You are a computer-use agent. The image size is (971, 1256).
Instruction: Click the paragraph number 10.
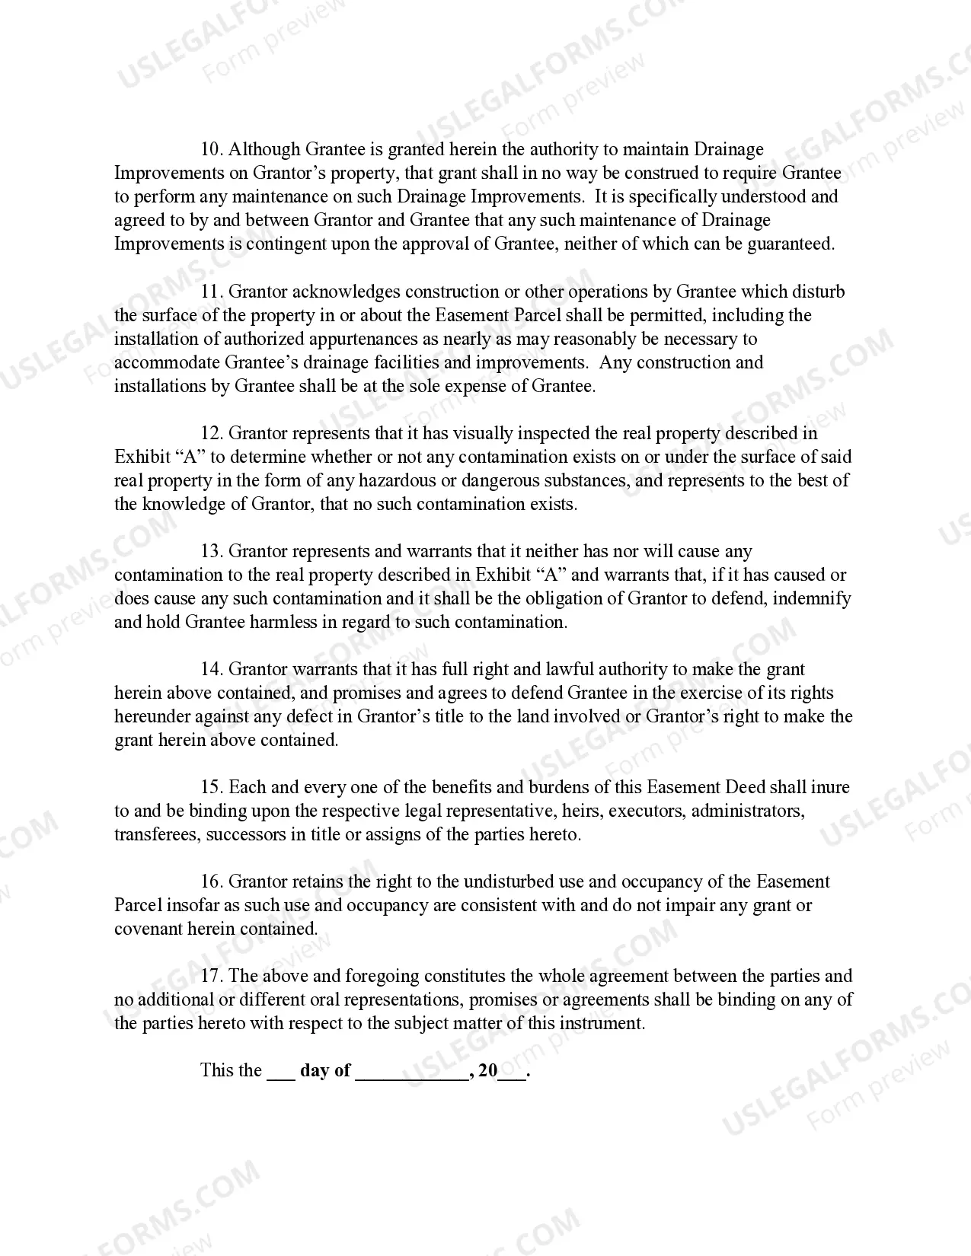211,149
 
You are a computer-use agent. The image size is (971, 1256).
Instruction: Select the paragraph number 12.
211,434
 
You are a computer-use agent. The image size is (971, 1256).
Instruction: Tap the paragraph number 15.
211,788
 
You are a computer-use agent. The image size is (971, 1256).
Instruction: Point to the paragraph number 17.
211,977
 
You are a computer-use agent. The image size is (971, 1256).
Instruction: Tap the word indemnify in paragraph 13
812,599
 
